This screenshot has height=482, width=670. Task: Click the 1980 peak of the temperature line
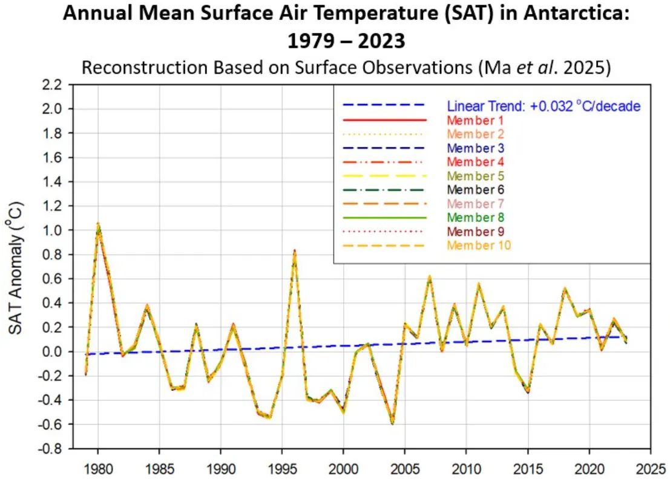98,224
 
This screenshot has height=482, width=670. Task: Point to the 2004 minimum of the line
393,423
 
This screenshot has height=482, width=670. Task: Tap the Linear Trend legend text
544,106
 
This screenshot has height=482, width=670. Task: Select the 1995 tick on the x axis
281,467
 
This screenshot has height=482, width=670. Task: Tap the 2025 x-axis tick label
650,467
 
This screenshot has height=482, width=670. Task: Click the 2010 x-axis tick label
466,467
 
